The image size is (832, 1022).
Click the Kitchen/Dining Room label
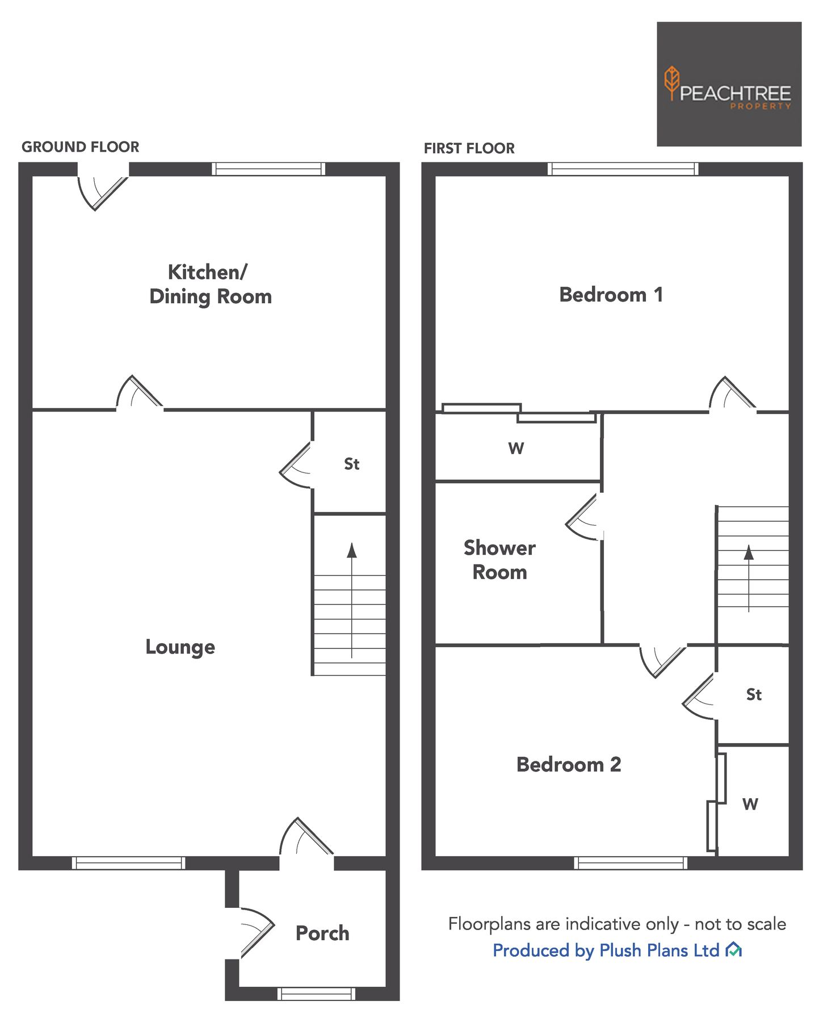point(211,284)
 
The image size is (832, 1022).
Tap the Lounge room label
point(180,647)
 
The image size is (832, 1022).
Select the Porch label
point(322,933)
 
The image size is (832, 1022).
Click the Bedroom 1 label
point(611,295)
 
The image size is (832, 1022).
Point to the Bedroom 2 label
point(569,764)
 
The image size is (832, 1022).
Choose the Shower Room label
point(499,560)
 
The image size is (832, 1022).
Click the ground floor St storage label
point(351,464)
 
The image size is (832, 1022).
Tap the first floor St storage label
point(754,694)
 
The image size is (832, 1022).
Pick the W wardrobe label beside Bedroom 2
point(750,804)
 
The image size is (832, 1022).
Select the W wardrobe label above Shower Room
point(516,449)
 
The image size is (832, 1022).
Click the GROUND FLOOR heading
point(80,147)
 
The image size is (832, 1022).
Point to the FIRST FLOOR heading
point(469,148)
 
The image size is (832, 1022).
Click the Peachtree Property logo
point(729,84)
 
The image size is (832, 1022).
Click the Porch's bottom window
point(316,993)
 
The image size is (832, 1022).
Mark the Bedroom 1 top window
point(623,169)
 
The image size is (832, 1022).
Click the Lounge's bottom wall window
point(128,863)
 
